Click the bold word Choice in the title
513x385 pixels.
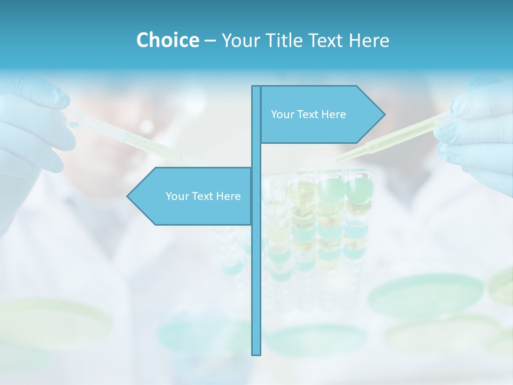click(x=167, y=40)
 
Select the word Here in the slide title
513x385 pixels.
click(x=369, y=40)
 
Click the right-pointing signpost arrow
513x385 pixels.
click(x=321, y=114)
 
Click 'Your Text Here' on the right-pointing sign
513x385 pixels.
click(x=308, y=114)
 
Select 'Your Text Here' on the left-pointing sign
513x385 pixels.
click(x=203, y=196)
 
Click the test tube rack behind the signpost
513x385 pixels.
click(x=321, y=225)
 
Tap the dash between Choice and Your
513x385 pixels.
click(x=210, y=41)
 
